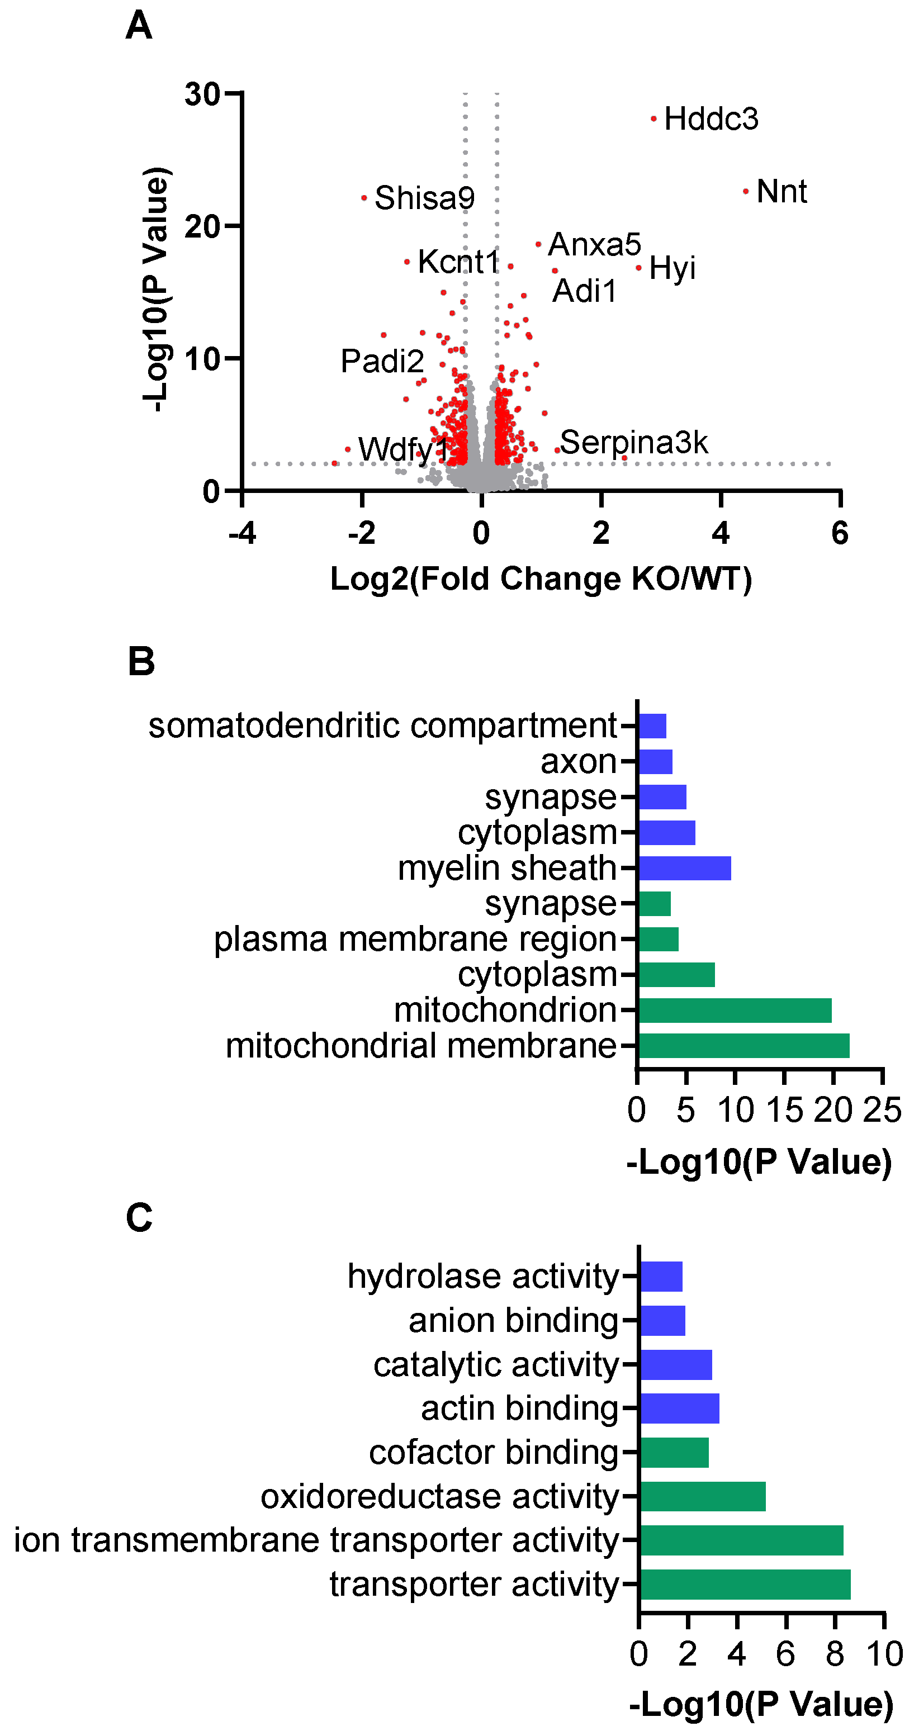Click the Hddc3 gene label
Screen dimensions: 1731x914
pyautogui.click(x=711, y=119)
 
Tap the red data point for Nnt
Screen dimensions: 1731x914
pyautogui.click(x=746, y=192)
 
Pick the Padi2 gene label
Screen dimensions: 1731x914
pyautogui.click(x=382, y=361)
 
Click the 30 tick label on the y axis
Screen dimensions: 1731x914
pyautogui.click(x=202, y=94)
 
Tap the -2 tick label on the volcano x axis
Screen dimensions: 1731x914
pyautogui.click(x=362, y=534)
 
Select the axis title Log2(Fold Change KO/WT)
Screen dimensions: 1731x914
pyautogui.click(x=541, y=578)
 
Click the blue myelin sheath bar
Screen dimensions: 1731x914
pyautogui.click(x=684, y=868)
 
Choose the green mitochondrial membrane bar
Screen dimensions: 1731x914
pyautogui.click(x=743, y=1046)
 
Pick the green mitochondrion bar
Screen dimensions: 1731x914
pyautogui.click(x=735, y=1010)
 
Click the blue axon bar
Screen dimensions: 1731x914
pyautogui.click(x=655, y=762)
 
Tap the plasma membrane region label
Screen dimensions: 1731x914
pyautogui.click(x=415, y=939)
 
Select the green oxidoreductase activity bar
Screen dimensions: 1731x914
pyautogui.click(x=702, y=1496)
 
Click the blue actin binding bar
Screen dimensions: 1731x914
pyautogui.click(x=679, y=1408)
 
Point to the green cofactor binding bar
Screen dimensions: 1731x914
pyautogui.click(x=674, y=1453)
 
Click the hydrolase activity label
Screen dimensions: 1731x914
pyautogui.click(x=482, y=1276)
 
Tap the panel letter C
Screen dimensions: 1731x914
pyautogui.click(x=139, y=1217)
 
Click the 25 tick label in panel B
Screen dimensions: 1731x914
pyautogui.click(x=882, y=1110)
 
